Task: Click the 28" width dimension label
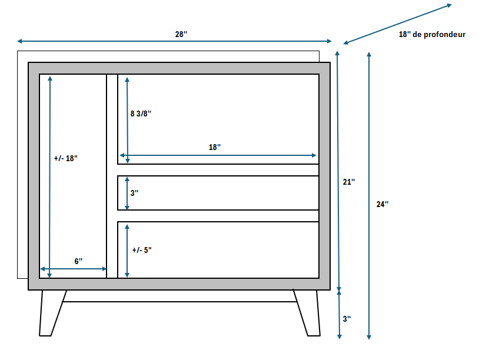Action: [x=181, y=34]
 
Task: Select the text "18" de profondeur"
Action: [x=432, y=35]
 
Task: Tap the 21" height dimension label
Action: [x=349, y=182]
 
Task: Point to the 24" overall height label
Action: [x=382, y=204]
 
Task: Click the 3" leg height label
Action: [x=347, y=318]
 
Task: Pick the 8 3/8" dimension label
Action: [x=141, y=114]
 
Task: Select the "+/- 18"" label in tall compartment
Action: [x=65, y=158]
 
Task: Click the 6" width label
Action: [x=78, y=261]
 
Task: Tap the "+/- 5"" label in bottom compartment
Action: [x=142, y=250]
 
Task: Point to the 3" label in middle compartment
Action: [x=135, y=192]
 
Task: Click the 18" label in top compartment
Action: [x=215, y=147]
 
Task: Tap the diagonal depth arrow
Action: [x=397, y=24]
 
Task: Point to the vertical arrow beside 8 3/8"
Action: [x=127, y=118]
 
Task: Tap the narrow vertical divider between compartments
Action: [x=112, y=176]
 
